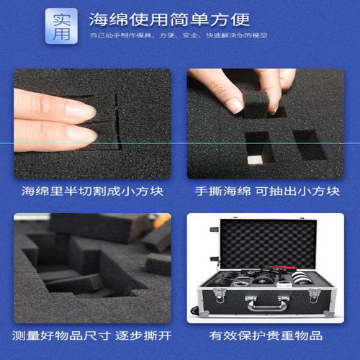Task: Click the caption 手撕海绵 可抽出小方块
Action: [x=266, y=192]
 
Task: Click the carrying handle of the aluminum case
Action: [x=266, y=306]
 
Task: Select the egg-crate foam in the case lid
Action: [x=268, y=241]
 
